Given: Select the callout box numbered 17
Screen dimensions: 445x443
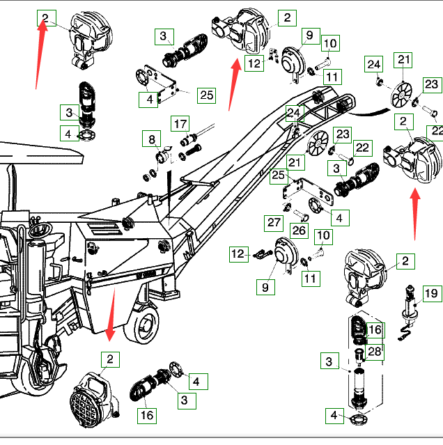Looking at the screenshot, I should (180, 125).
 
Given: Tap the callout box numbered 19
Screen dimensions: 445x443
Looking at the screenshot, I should (432, 293).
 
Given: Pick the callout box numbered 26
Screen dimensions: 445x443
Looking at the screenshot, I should (299, 231).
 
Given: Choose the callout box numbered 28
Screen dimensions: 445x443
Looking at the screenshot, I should (375, 352).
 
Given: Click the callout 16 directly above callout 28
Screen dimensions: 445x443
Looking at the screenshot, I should (375, 329).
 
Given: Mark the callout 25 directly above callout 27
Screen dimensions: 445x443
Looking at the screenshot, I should (279, 176).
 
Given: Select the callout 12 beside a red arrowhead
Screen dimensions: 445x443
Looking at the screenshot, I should (254, 64).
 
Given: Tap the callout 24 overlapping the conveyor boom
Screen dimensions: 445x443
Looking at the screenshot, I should (294, 112).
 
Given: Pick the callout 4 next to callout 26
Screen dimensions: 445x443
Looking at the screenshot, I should (339, 218).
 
